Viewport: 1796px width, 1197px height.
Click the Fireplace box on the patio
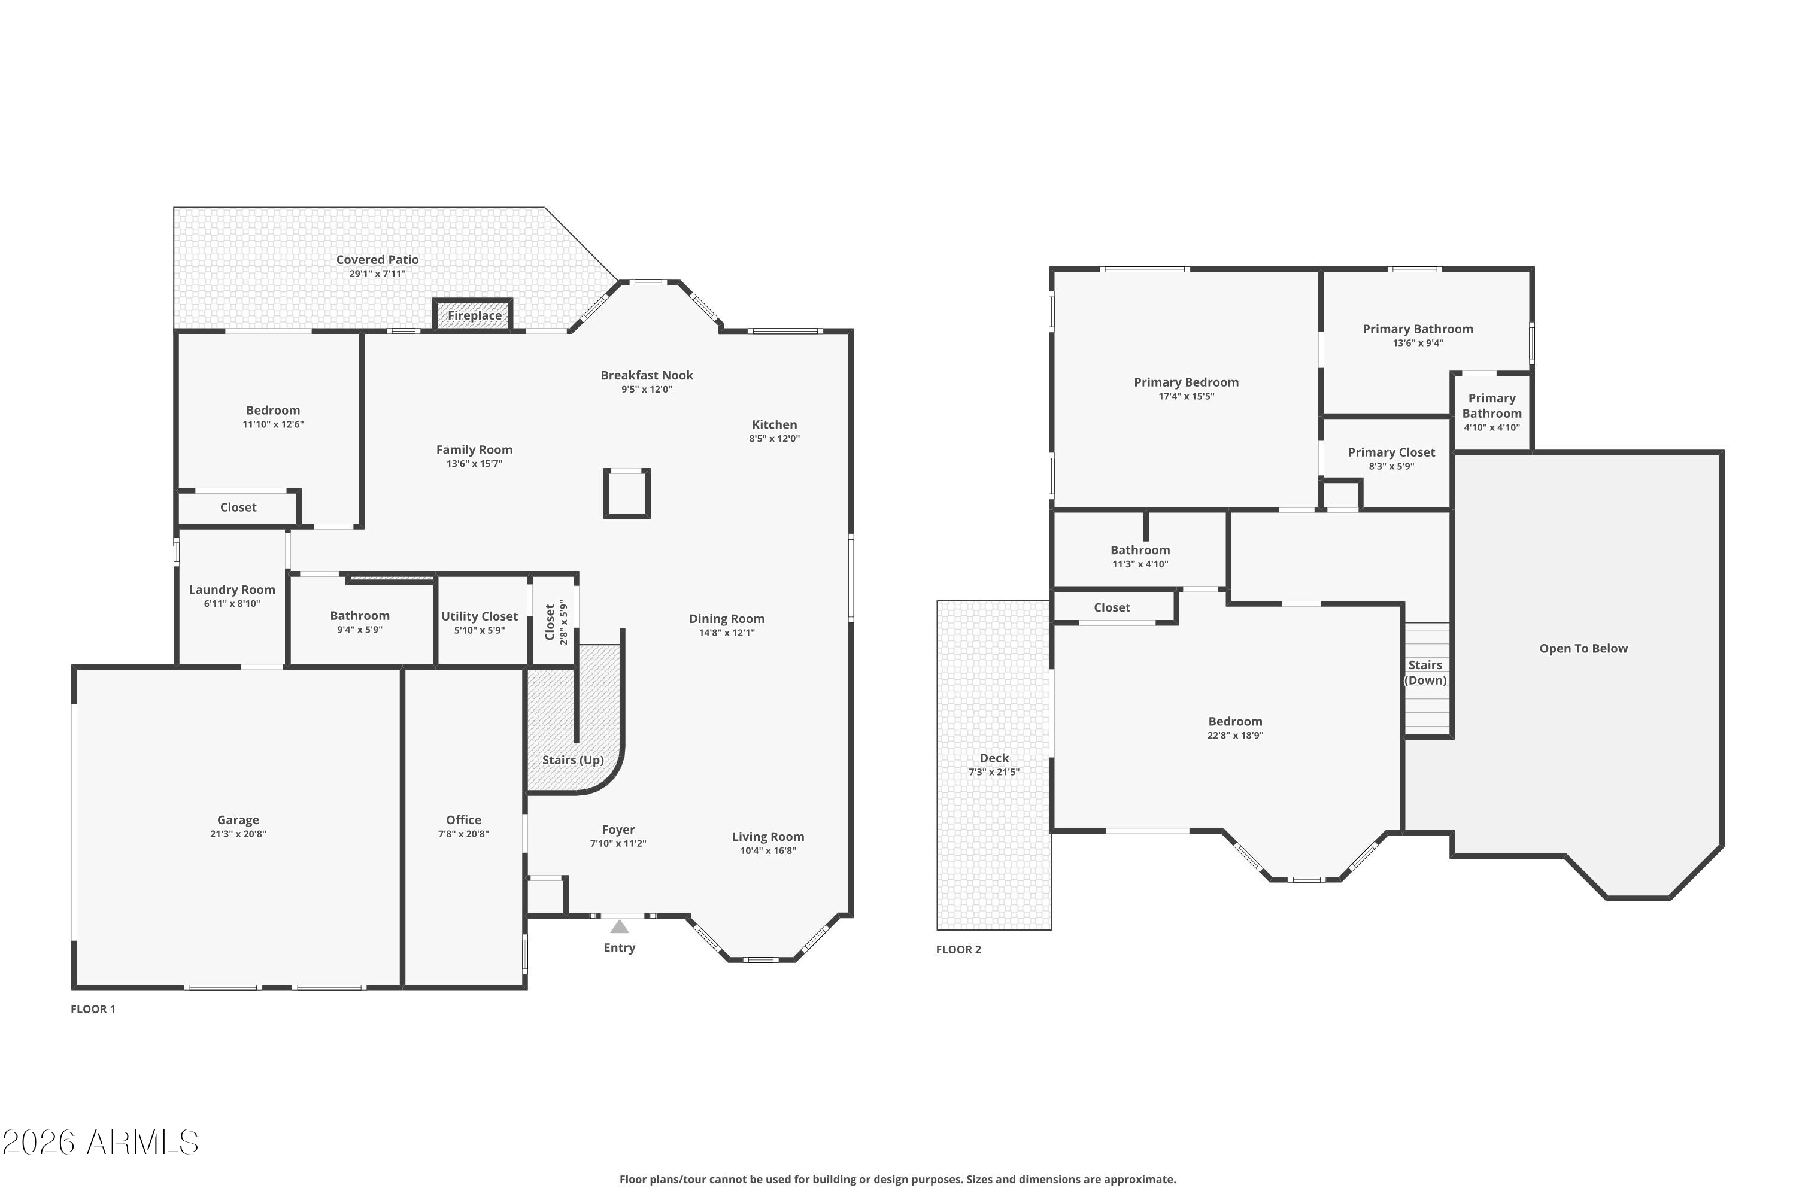pos(474,315)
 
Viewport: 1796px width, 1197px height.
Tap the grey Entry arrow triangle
pos(619,926)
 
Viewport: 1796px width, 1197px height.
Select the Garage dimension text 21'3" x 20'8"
pos(238,834)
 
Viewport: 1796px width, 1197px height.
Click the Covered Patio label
pos(377,260)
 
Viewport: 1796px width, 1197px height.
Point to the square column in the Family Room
pos(626,493)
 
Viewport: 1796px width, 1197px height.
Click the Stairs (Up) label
pos(573,759)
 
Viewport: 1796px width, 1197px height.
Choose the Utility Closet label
pos(480,616)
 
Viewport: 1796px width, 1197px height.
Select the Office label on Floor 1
pos(463,819)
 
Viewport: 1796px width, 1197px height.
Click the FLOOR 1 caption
pos(92,1008)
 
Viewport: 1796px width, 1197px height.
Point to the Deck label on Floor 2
pos(994,758)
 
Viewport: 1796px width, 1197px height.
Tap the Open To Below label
pos(1583,648)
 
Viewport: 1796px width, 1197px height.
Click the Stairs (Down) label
pos(1425,673)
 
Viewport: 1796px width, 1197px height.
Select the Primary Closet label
pos(1391,452)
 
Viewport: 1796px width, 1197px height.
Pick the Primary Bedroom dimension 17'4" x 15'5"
pos(1186,396)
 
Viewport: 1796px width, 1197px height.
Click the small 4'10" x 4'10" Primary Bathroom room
pos(1491,412)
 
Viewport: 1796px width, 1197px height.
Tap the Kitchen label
pos(774,424)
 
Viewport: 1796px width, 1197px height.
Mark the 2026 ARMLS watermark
pos(100,1143)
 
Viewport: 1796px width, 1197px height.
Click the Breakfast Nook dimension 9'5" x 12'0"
pos(646,390)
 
